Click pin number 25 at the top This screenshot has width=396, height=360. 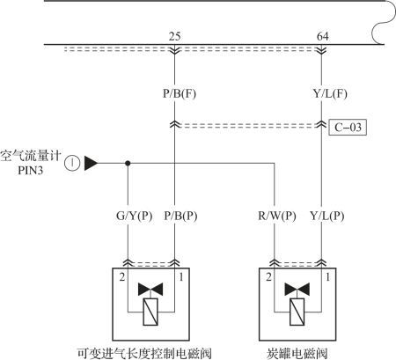pyautogui.click(x=174, y=36)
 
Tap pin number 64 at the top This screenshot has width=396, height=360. pyautogui.click(x=323, y=36)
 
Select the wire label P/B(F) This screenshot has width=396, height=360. pyautogui.click(x=180, y=93)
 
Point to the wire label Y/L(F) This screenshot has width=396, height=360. pyautogui.click(x=330, y=93)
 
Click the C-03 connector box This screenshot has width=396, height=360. pyautogui.click(x=348, y=128)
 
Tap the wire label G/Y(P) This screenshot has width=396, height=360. pyautogui.click(x=135, y=216)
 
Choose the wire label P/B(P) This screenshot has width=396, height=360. pyautogui.click(x=180, y=216)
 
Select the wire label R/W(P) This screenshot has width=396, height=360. pyautogui.click(x=277, y=216)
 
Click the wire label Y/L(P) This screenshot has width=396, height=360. pyautogui.click(x=327, y=216)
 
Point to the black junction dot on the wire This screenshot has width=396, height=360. pyautogui.click(x=128, y=163)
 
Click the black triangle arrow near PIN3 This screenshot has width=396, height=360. pyautogui.click(x=91, y=163)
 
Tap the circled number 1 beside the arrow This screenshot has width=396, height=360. pyautogui.click(x=72, y=163)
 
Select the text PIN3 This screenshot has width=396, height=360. pyautogui.click(x=31, y=171)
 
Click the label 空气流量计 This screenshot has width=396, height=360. pyautogui.click(x=31, y=156)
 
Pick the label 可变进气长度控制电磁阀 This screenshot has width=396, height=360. pyautogui.click(x=144, y=354)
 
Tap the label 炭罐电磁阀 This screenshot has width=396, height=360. pyautogui.click(x=297, y=354)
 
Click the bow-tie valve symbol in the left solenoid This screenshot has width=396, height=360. pyautogui.click(x=150, y=290)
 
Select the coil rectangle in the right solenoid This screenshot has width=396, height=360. pyautogui.click(x=297, y=312)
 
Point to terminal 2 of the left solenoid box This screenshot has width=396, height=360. pyautogui.click(x=122, y=277)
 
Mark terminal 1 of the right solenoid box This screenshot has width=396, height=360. pyautogui.click(x=328, y=277)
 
